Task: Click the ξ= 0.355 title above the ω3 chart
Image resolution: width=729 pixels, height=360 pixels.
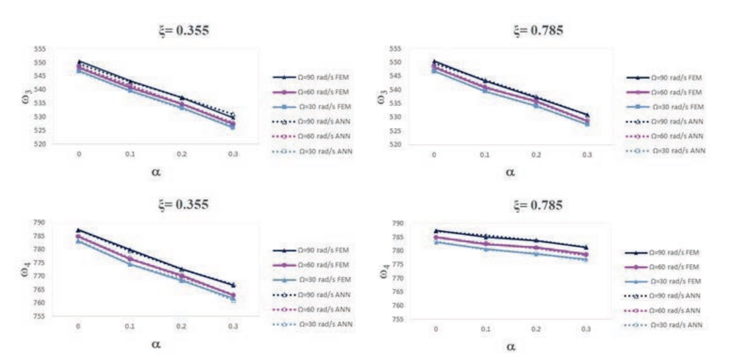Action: click(184, 31)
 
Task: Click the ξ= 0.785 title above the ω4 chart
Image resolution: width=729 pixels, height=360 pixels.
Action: click(538, 205)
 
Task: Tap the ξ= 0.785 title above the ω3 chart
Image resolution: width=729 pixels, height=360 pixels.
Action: click(538, 31)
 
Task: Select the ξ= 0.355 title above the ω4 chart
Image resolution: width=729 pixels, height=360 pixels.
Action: click(184, 204)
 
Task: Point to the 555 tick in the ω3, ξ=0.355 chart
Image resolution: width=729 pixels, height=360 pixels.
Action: click(40, 49)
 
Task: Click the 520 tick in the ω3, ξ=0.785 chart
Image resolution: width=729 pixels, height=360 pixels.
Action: click(395, 144)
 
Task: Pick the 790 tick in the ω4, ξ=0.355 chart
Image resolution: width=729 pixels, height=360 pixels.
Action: click(39, 222)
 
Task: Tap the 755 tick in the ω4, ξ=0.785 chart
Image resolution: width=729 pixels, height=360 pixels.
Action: click(398, 319)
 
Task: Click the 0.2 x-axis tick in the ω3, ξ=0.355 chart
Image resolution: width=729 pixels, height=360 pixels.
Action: click(182, 154)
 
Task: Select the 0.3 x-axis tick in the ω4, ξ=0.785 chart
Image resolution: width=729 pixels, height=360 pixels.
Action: click(586, 329)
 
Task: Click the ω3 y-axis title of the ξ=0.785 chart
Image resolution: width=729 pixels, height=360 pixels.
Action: click(382, 98)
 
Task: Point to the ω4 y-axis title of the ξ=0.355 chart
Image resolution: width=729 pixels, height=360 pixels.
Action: click(25, 269)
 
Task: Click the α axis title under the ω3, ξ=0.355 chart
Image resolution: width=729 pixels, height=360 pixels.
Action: click(156, 172)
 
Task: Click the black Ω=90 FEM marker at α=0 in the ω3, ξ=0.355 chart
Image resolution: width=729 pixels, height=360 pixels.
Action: click(79, 62)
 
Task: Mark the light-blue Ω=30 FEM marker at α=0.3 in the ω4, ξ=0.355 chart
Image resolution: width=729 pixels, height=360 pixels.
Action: click(233, 298)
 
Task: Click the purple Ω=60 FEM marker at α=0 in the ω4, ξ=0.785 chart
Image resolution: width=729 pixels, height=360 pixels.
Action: click(436, 237)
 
